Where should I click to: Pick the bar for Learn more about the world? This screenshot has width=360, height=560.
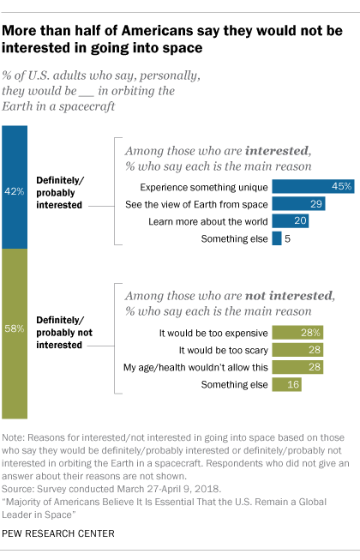[289, 220]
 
